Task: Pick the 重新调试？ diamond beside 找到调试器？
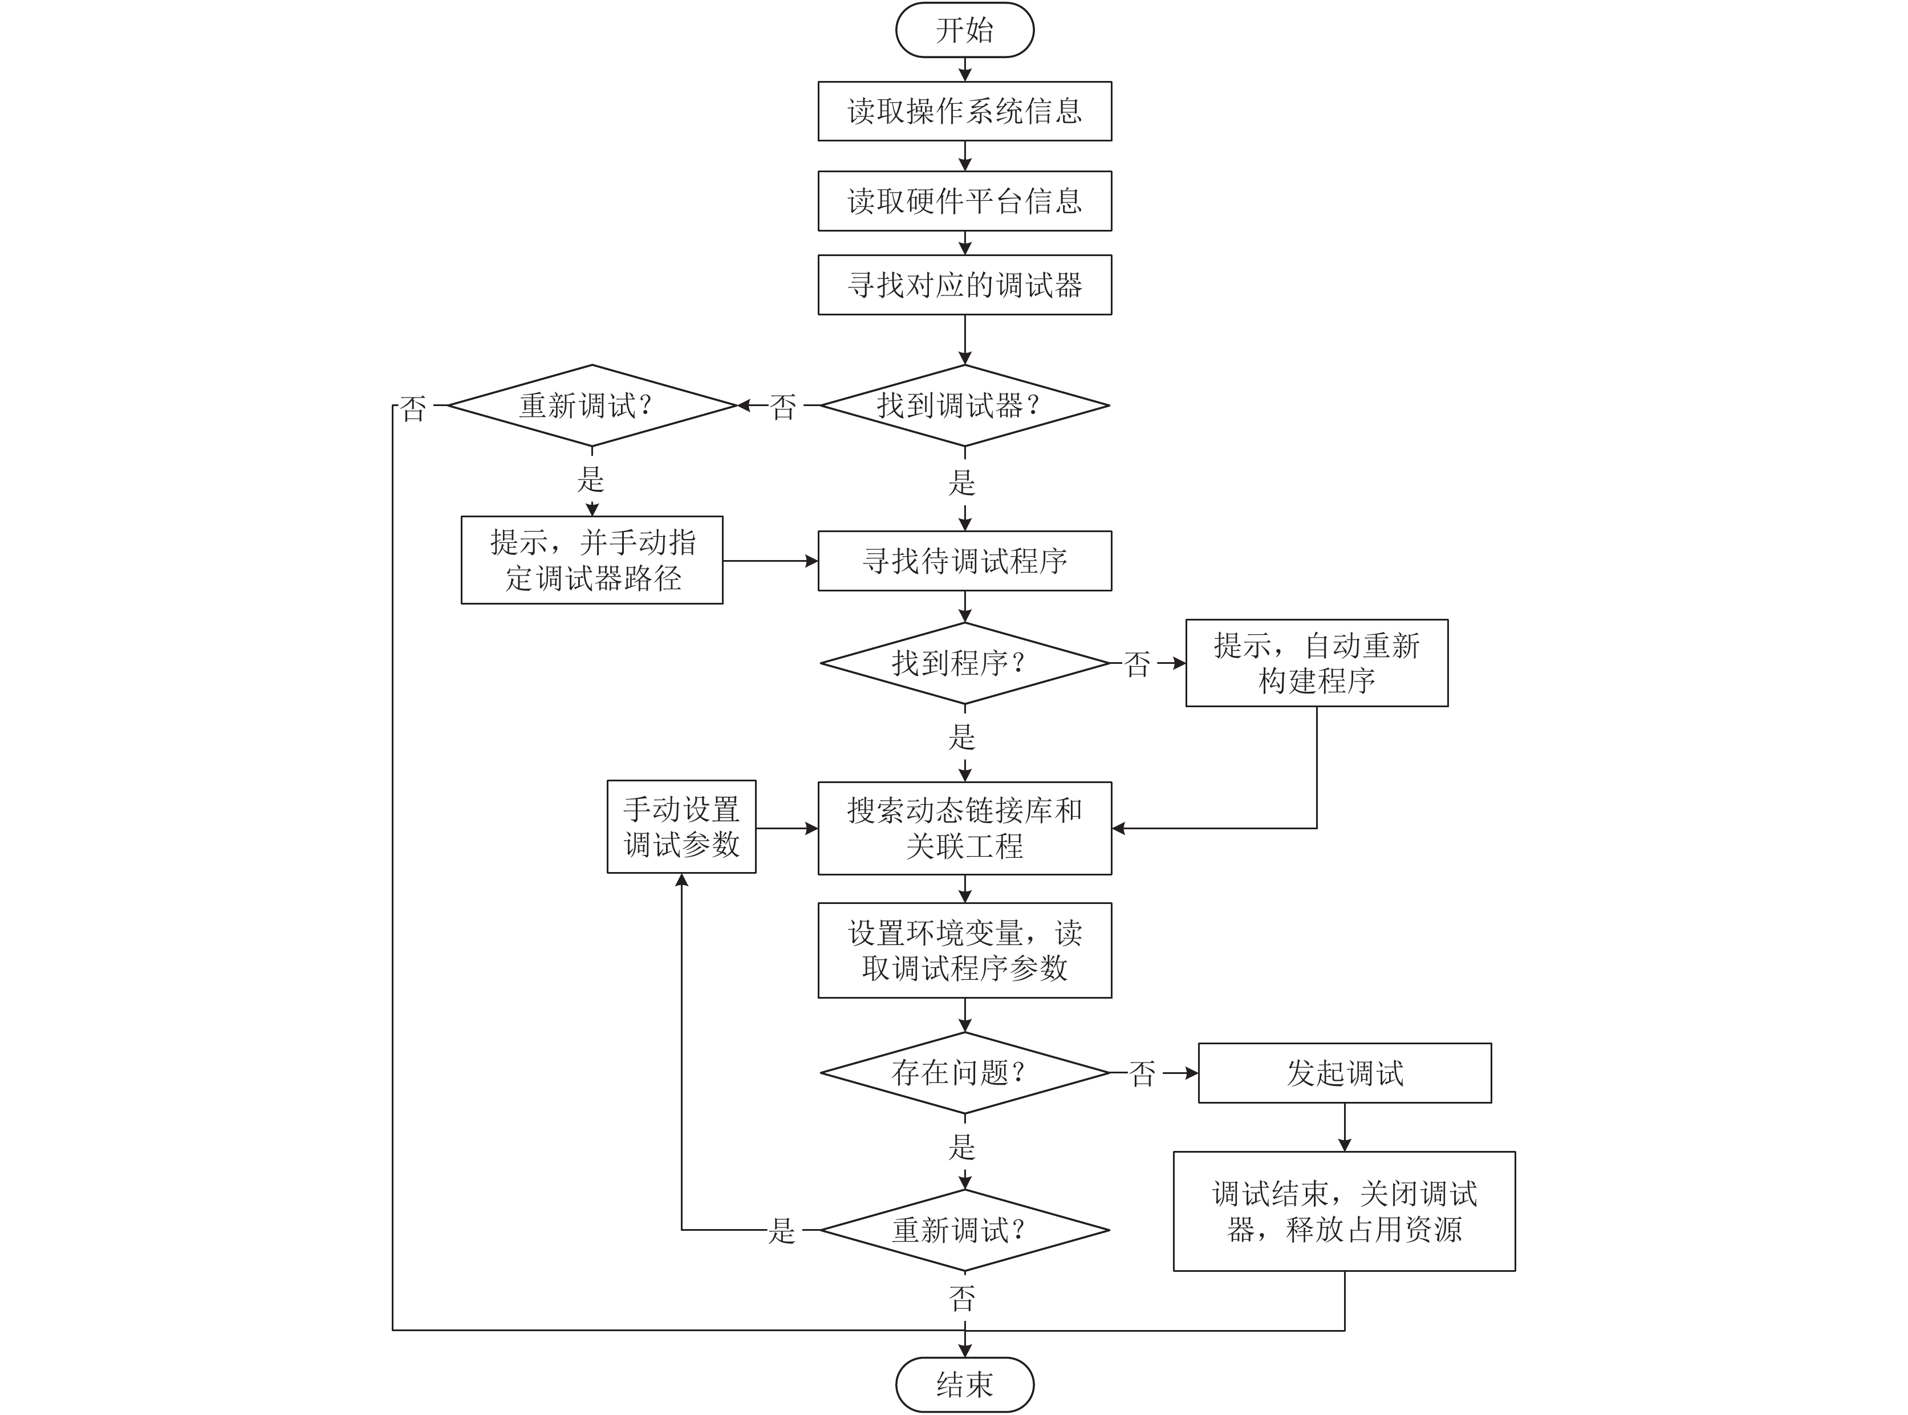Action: [x=592, y=405]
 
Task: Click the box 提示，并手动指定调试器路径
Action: [x=592, y=560]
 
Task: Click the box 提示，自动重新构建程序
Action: [x=1316, y=663]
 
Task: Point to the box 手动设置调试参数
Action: [x=681, y=826]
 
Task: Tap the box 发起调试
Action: [x=1345, y=1072]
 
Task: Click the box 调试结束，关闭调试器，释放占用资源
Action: [x=1345, y=1211]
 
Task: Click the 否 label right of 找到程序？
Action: [x=1137, y=664]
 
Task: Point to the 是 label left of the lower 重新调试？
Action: [x=782, y=1232]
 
